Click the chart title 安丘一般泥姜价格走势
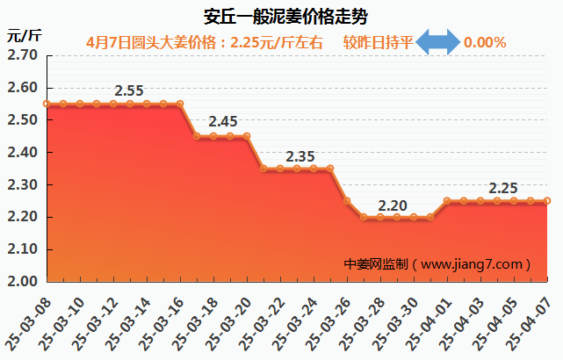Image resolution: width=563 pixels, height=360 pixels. (281, 15)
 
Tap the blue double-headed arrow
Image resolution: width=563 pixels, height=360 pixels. (437, 42)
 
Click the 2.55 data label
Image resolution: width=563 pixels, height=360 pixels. (129, 90)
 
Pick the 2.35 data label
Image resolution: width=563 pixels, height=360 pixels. (300, 156)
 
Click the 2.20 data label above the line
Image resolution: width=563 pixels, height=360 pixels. (392, 206)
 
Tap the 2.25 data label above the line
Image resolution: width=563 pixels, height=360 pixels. (503, 188)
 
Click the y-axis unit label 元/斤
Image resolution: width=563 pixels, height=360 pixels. (24, 36)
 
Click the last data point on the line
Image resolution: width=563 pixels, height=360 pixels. (546, 201)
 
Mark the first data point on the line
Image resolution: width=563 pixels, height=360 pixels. (47, 104)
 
